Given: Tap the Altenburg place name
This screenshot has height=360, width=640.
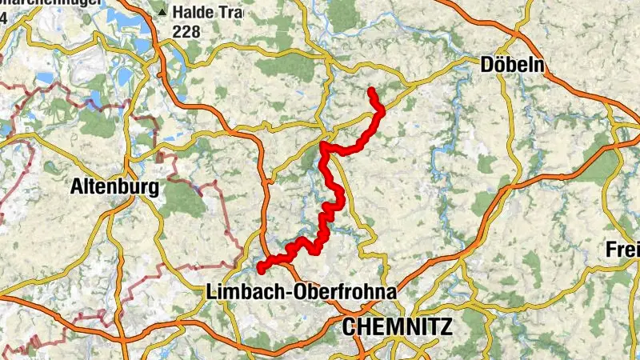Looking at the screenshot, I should tap(114, 187).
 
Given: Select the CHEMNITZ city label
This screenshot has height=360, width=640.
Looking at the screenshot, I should tap(397, 326).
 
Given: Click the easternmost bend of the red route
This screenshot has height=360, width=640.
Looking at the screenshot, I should tap(381, 110).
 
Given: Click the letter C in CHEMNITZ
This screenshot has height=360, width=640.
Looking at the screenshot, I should tap(349, 326).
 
